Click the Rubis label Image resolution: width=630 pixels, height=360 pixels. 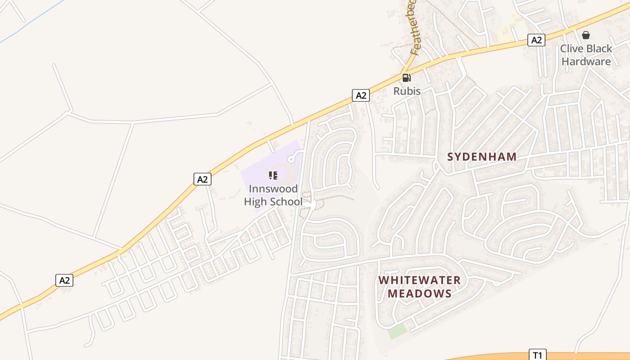point(407,91)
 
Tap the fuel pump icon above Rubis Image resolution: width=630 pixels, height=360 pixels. point(406,78)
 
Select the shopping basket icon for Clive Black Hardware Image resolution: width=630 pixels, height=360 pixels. point(586,35)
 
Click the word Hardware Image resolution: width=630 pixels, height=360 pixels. point(586,62)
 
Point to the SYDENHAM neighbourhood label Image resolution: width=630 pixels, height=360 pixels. point(481,157)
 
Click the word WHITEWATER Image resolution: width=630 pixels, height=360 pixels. point(419,280)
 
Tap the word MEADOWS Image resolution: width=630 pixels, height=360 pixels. point(419,294)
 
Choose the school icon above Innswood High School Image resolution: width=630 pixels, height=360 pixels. point(273,175)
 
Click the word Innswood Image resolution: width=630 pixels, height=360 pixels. point(273,188)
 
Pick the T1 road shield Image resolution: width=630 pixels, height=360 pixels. point(537,355)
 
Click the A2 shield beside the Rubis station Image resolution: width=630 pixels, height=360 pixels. point(360,95)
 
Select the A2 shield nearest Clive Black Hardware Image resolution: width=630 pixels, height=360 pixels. point(536,40)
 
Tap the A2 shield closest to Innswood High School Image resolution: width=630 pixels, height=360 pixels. point(202,179)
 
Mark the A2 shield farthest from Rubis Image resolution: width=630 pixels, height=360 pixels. point(64,280)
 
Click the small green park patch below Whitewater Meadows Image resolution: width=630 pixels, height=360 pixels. point(397,332)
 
